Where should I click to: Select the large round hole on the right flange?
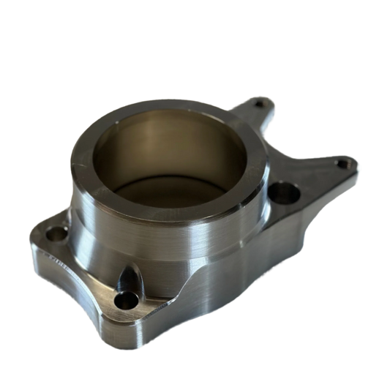pyautogui.click(x=281, y=193)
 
